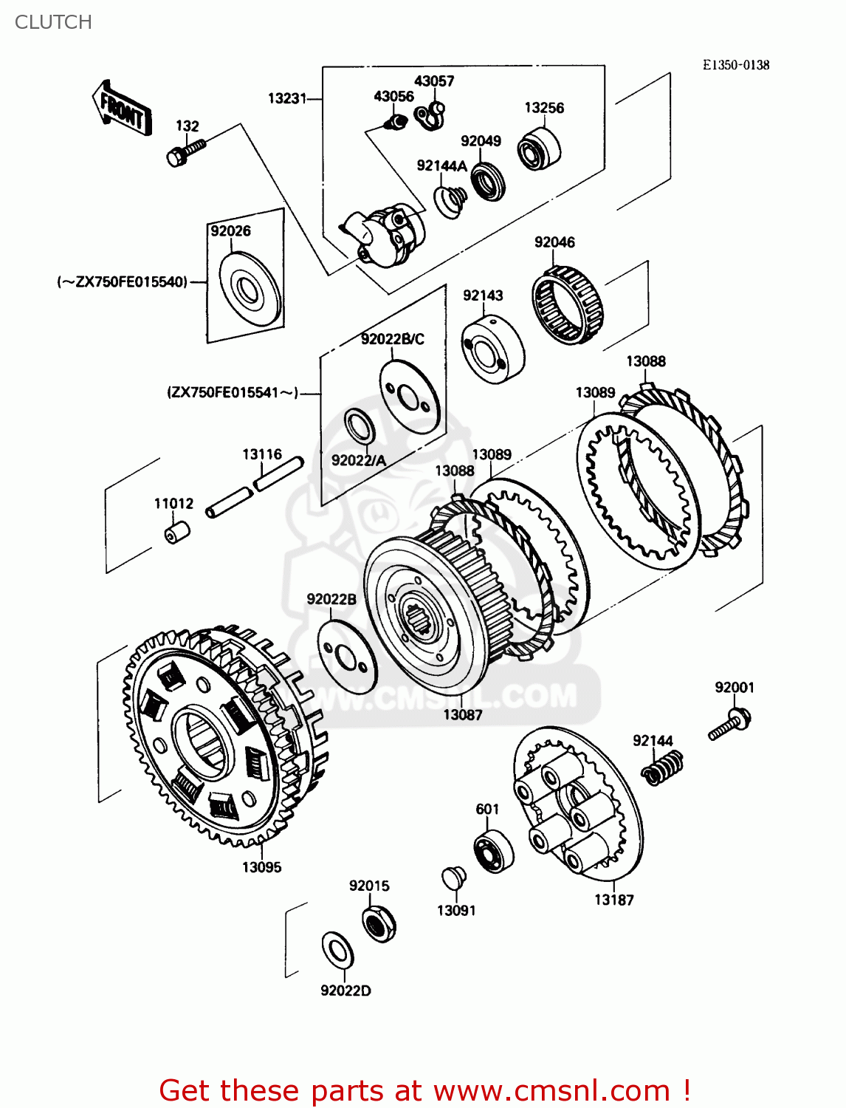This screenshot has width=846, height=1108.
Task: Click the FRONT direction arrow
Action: coord(123,109)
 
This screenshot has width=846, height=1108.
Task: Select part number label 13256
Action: coord(544,108)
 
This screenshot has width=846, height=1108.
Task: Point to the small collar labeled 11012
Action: coord(176,532)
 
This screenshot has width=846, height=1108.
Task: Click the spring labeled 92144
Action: coord(661,767)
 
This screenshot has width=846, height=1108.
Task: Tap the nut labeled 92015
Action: coord(379,923)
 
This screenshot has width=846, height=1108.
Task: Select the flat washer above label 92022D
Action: coord(337,950)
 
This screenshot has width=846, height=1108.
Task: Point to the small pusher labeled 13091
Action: coord(453,879)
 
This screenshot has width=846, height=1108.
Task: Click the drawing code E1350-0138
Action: coord(735,65)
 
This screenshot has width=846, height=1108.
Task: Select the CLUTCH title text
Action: coord(53,22)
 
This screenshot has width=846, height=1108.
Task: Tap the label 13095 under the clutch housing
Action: coord(261,867)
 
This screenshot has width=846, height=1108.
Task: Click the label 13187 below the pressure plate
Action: coord(613,900)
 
